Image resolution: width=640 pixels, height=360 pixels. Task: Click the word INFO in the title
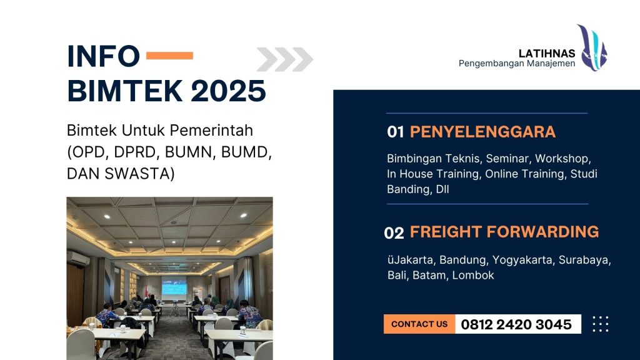coord(103,56)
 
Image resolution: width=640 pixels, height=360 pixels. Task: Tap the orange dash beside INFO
coord(169,56)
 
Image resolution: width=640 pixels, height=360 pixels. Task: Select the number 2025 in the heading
coord(229,91)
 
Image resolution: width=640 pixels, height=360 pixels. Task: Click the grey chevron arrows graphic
coord(284,59)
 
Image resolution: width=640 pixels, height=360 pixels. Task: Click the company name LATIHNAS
coord(547,54)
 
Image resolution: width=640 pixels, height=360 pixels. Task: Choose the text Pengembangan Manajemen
coord(517,64)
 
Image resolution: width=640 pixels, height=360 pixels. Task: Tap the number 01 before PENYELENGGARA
coord(396,132)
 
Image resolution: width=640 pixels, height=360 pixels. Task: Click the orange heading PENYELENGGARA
coord(482,132)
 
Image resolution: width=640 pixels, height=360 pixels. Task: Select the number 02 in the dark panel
coord(394,233)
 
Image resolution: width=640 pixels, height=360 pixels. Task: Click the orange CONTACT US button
coord(419,324)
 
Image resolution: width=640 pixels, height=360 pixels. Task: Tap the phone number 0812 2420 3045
coord(516,324)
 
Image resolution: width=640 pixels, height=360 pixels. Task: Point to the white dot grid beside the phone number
coord(600,324)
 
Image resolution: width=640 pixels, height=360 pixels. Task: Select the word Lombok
coord(473,275)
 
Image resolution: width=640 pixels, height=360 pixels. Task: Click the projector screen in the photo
coord(174,287)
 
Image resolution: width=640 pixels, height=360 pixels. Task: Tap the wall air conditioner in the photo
coord(78,257)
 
